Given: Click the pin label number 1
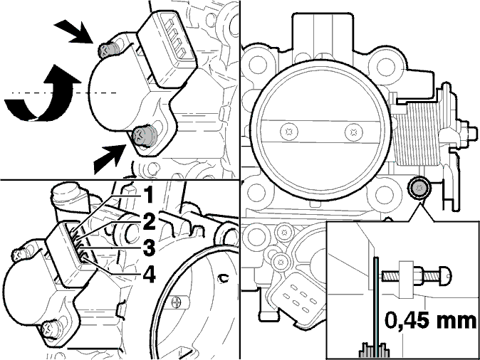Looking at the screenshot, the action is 148,195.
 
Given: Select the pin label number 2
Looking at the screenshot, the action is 149,221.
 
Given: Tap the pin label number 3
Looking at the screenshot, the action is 149,247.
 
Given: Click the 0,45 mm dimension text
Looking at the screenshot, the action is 430,320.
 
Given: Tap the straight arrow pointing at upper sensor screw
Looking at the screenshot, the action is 75,31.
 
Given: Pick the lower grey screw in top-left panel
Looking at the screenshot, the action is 144,135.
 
